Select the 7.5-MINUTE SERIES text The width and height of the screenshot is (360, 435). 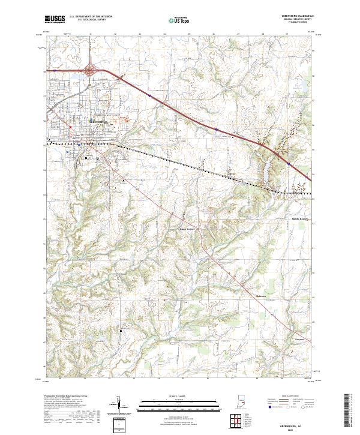(301, 23)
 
